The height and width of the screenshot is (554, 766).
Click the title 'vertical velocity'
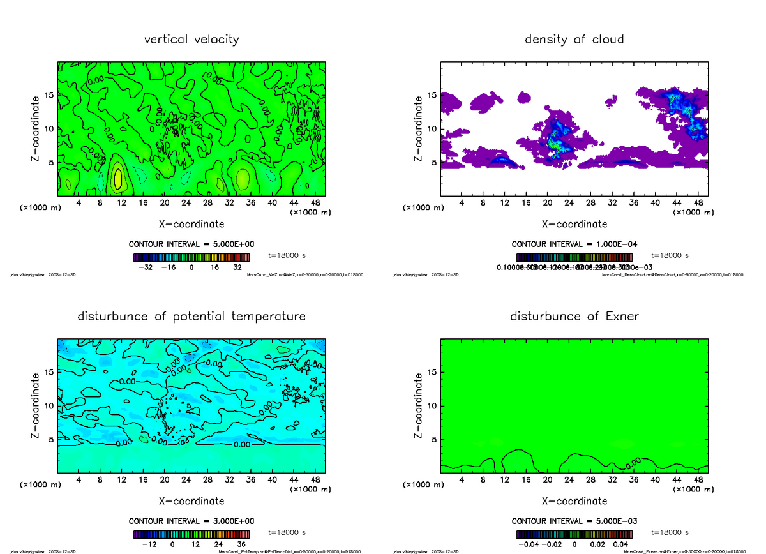point(191,40)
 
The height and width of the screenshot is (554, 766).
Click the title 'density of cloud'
point(574,40)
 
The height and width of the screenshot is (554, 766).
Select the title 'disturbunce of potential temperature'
point(191,317)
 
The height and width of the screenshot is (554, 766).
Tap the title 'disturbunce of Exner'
point(574,317)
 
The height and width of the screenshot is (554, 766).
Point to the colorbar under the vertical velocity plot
point(191,258)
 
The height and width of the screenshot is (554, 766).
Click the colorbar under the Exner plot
point(574,535)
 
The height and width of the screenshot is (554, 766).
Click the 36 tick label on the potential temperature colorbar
point(243,544)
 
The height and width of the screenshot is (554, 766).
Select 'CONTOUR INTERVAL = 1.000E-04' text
point(574,244)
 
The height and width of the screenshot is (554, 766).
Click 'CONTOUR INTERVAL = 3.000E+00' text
point(191,521)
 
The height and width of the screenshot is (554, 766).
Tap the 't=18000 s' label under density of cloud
point(670,255)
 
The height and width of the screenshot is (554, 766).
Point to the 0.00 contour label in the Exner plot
point(633,461)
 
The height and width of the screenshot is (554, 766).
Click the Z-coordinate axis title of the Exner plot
point(418,405)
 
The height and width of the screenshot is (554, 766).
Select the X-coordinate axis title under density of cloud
point(574,224)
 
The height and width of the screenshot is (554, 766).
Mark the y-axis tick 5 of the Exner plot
point(433,439)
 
